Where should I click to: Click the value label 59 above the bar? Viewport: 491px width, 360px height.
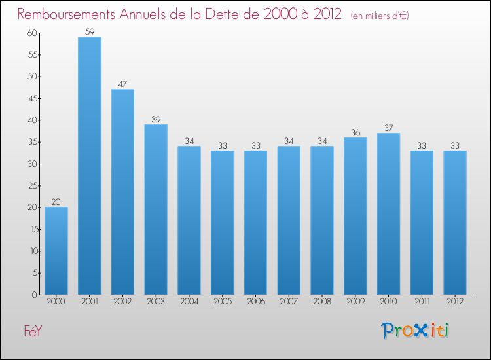[89, 31]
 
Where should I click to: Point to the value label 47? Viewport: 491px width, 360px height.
[122, 84]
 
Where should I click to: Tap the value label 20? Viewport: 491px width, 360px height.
[56, 202]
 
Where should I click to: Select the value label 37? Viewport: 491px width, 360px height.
[388, 128]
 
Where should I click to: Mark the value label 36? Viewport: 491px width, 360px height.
[355, 132]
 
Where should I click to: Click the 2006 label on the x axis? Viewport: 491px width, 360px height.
[255, 302]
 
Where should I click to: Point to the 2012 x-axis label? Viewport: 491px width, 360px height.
[454, 302]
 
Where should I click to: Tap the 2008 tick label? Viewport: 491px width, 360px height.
[321, 302]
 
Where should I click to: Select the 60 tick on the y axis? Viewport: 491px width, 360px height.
[31, 33]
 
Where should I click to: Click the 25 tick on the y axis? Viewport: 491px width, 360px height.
[31, 185]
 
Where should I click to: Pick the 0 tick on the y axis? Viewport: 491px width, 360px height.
[33, 295]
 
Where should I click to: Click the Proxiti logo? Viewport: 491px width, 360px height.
[416, 331]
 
